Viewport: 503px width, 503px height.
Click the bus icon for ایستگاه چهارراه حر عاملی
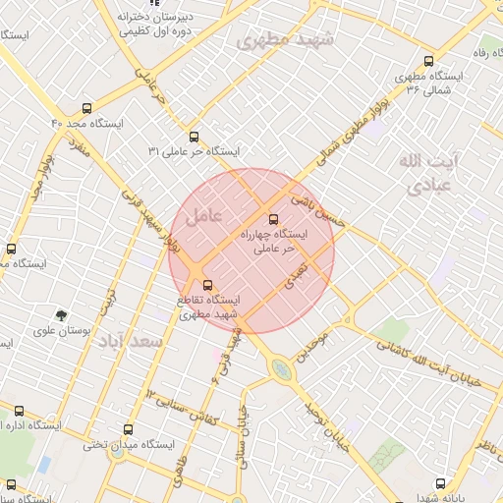(x=273, y=219)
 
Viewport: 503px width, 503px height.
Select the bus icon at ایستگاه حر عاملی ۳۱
(x=193, y=138)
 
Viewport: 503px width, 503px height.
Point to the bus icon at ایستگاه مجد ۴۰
(x=87, y=109)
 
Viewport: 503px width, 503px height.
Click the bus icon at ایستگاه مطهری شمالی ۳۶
(x=428, y=62)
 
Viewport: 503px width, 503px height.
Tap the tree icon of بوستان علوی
(x=63, y=315)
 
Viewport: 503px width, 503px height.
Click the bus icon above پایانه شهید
(x=441, y=483)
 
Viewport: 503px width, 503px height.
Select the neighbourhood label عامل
(x=204, y=211)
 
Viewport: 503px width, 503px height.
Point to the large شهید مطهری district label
(x=286, y=41)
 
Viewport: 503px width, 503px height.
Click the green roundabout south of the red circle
(x=282, y=370)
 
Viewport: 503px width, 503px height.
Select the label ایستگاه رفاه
(x=487, y=51)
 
